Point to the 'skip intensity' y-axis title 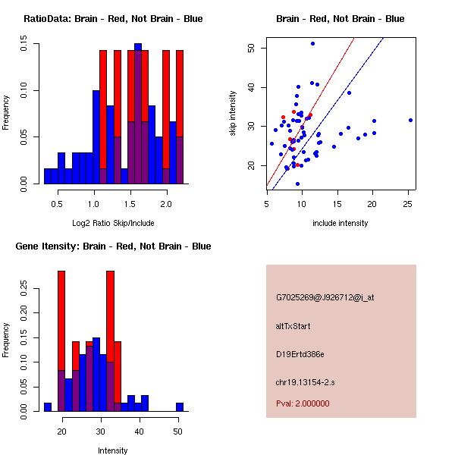click(x=233, y=114)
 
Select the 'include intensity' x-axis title click(x=340, y=223)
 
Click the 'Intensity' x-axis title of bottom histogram click(x=112, y=450)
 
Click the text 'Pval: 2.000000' click(x=303, y=403)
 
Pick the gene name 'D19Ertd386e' click(x=300, y=354)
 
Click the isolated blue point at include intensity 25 click(x=410, y=120)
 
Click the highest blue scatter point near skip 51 click(x=312, y=43)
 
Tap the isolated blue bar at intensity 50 click(x=180, y=407)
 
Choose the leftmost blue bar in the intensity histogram click(x=47, y=407)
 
